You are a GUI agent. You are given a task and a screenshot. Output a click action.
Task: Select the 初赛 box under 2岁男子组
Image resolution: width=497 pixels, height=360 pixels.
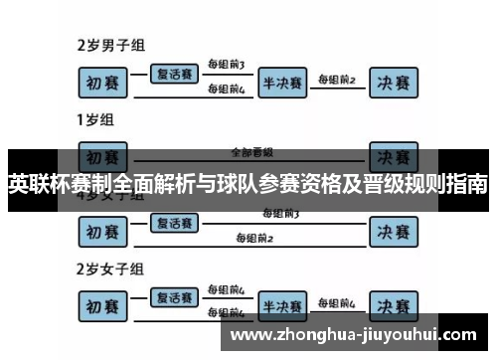103,83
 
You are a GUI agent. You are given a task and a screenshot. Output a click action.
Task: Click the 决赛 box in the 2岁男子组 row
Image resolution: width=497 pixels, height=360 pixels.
392,83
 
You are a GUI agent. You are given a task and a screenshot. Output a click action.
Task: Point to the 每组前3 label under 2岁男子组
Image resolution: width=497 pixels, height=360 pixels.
226,66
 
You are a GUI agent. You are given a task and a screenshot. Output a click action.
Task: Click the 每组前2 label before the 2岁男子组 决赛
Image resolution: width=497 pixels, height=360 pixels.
336,77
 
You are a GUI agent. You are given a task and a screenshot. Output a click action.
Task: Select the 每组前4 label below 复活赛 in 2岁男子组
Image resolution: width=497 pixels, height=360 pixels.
226,89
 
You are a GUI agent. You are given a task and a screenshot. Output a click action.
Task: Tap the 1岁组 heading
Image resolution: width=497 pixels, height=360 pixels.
95,119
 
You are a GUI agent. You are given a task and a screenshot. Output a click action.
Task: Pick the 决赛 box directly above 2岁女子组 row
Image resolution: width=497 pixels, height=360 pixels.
392,232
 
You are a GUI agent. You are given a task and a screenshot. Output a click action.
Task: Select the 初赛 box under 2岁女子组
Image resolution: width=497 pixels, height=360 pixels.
103,306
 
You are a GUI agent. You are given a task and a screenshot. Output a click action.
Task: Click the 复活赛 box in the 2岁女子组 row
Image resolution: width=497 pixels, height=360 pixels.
173,296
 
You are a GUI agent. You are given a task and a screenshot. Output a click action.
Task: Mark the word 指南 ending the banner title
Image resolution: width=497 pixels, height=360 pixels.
467,184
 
